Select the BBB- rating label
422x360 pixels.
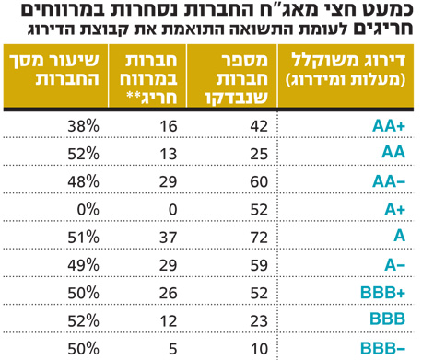(x=387, y=347)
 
